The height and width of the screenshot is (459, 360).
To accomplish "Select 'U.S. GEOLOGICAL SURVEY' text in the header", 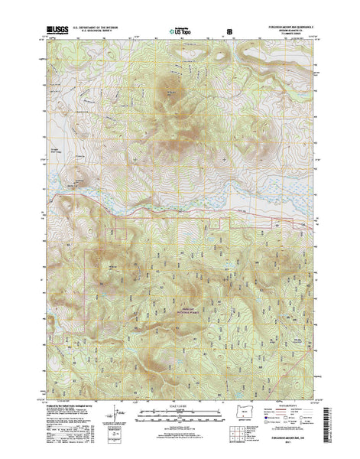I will pyautogui.click(x=99, y=28).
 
